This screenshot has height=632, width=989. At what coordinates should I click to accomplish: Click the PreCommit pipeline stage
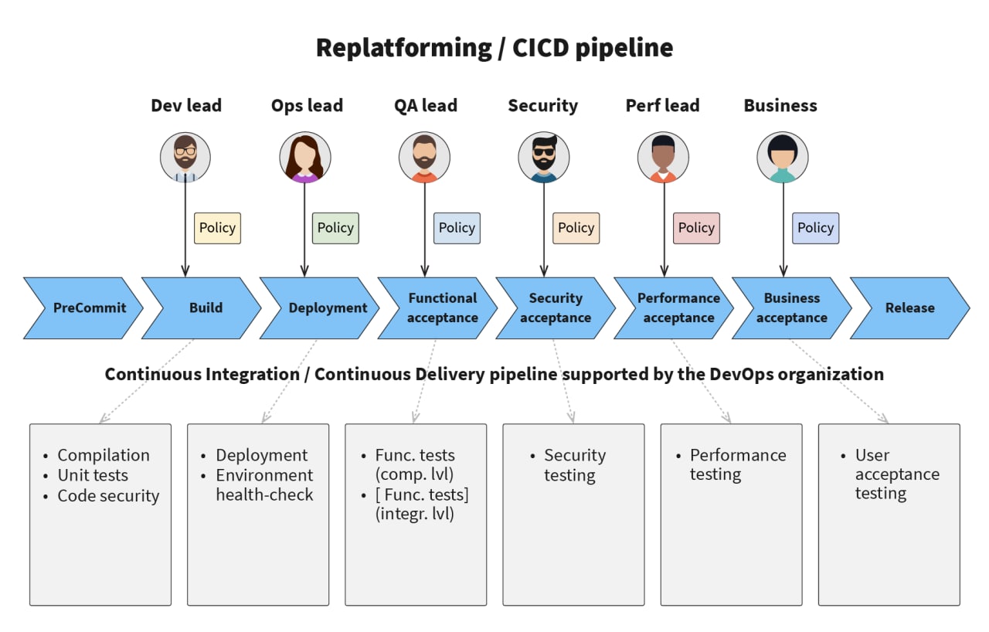[x=84, y=308]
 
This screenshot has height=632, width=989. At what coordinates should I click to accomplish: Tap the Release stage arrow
[x=910, y=308]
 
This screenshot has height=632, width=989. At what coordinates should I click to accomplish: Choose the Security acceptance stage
[x=556, y=308]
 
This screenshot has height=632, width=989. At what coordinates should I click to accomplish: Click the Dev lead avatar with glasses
[x=185, y=157]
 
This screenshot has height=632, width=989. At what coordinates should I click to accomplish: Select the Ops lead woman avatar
[x=305, y=157]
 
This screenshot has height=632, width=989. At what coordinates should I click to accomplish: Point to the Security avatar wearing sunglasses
[x=544, y=157]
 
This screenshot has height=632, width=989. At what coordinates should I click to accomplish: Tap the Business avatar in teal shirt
[x=783, y=157]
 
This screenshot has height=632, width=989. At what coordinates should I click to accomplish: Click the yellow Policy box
[x=218, y=228]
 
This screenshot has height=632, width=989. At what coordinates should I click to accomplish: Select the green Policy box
[x=335, y=228]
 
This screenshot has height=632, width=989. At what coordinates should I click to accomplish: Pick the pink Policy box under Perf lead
[x=696, y=228]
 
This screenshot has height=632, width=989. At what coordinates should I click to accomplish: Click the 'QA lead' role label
[x=426, y=106]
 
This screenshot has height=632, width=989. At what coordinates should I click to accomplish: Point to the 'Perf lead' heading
[x=663, y=106]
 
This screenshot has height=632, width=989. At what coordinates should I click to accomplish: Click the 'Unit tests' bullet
[x=93, y=475]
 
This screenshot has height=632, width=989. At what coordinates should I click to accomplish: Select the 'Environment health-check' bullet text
[x=264, y=485]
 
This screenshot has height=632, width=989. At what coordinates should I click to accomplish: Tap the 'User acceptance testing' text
[x=897, y=474]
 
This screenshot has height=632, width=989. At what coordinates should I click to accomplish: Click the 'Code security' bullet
[x=108, y=495]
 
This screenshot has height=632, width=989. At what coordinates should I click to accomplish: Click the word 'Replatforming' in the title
[x=404, y=49]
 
